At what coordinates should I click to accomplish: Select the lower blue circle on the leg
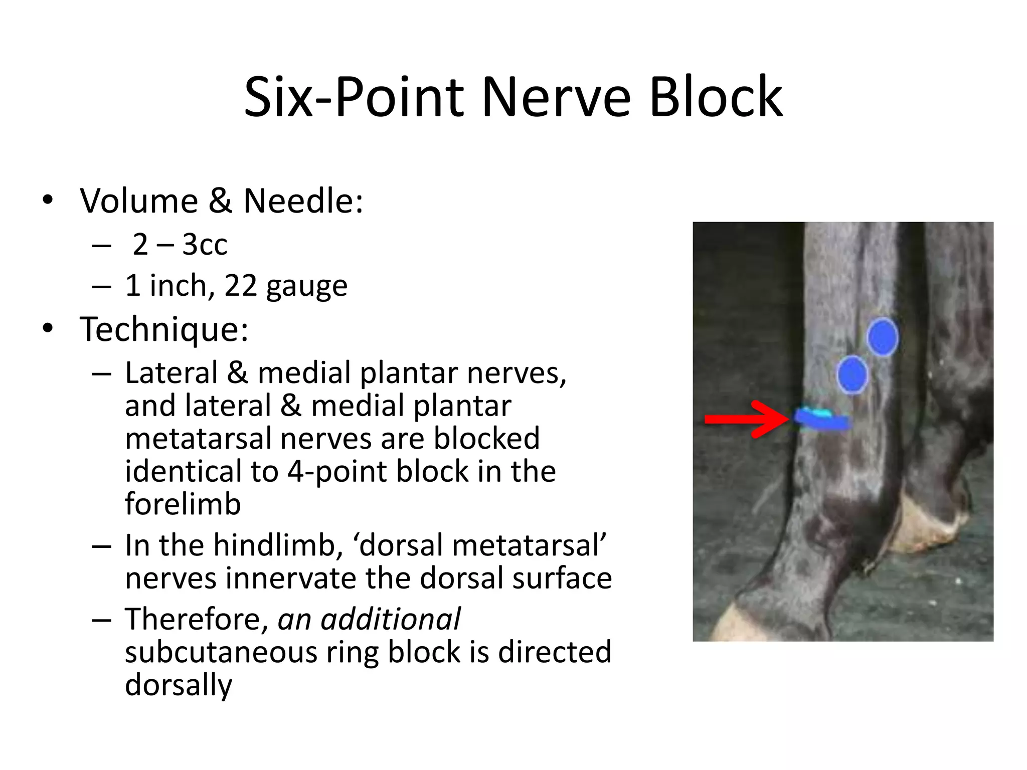pos(852,374)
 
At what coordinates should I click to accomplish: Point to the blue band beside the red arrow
pos(822,420)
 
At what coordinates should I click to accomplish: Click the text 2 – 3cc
pos(180,245)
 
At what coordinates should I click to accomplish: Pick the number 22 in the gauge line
pos(240,286)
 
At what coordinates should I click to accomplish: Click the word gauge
pos(306,287)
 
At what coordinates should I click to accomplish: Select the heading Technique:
pos(164,329)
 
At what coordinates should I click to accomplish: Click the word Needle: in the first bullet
pos(303,201)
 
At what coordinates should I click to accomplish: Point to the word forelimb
pos(183,504)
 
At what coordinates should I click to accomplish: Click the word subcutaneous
pos(221,652)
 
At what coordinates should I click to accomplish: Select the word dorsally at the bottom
pos(179,685)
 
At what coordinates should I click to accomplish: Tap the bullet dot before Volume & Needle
pos(48,200)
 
